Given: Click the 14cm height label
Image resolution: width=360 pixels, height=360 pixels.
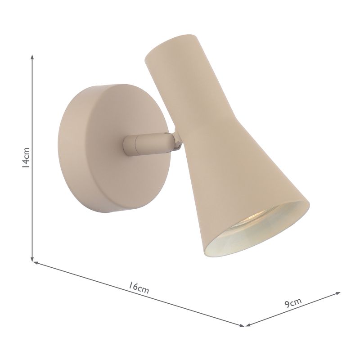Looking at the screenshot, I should point(27,158).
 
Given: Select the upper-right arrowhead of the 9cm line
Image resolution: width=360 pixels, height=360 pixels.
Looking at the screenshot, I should point(338,293).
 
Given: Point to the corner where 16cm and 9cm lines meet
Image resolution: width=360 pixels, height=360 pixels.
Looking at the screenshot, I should point(244,325).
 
